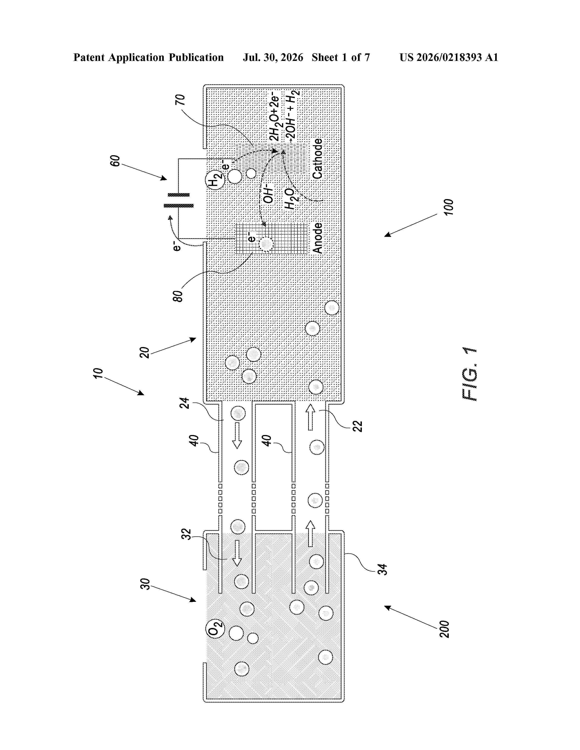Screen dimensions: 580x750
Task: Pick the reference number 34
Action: click(x=382, y=569)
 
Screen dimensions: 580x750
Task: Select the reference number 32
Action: click(x=186, y=534)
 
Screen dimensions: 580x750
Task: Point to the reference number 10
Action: click(x=98, y=373)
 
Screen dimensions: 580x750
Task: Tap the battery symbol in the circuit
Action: click(x=178, y=200)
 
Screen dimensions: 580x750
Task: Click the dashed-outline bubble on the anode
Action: click(x=266, y=244)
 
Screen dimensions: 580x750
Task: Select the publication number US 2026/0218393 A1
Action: click(x=449, y=57)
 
